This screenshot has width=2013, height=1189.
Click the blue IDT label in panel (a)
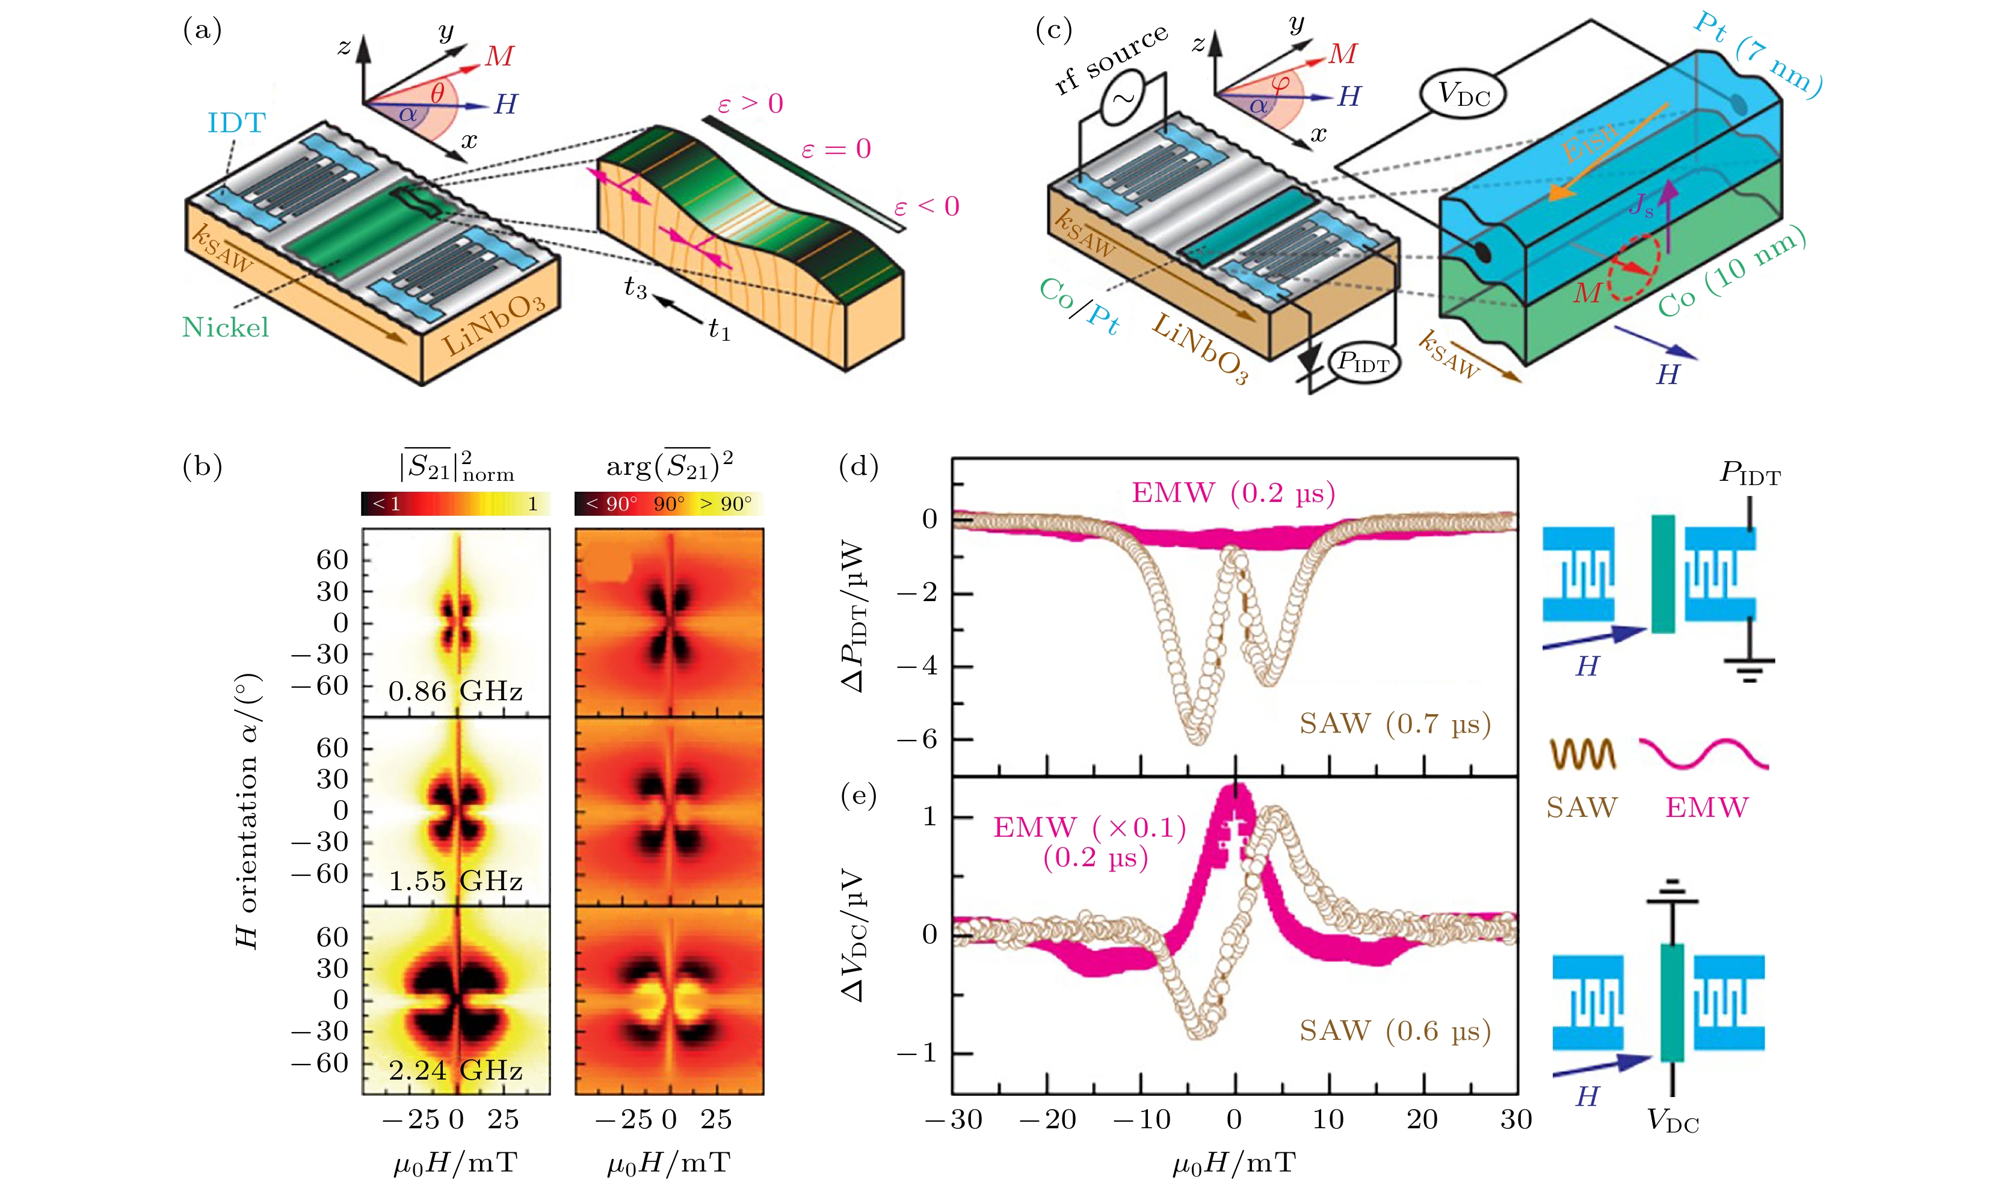[x=236, y=123]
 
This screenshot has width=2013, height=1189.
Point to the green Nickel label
[x=225, y=327]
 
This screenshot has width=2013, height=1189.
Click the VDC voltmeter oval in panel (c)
[x=1463, y=94]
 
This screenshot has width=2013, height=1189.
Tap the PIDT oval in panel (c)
[x=1363, y=363]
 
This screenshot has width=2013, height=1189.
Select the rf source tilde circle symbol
[x=1123, y=99]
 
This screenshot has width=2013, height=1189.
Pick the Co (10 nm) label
[x=1731, y=272]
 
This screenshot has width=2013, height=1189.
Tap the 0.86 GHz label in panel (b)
[x=455, y=691]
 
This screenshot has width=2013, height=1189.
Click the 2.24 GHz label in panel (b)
[x=455, y=1071]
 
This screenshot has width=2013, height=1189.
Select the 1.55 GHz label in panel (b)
[x=455, y=881]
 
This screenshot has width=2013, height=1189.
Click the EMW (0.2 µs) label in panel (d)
[x=1233, y=493]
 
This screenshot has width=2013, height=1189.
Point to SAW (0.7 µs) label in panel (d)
[x=1395, y=724]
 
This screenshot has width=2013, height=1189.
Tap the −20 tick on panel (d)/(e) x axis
[x=1047, y=1119]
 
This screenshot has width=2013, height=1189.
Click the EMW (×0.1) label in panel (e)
[x=1090, y=827]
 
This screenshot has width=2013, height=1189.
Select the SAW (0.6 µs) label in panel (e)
[x=1395, y=1030]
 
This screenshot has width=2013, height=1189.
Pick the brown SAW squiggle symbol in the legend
[x=1582, y=754]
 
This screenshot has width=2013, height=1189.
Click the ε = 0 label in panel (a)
[x=836, y=149]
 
